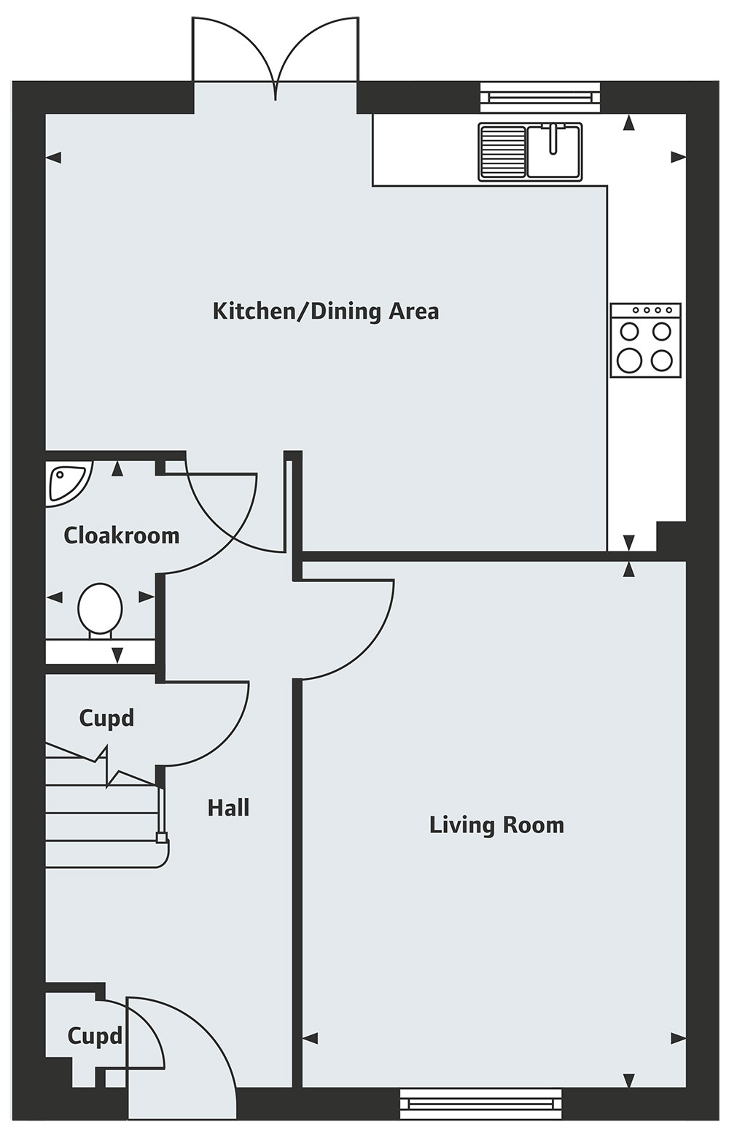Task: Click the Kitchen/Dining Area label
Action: click(325, 311)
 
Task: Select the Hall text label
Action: click(228, 808)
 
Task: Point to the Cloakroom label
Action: click(121, 535)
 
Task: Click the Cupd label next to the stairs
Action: click(106, 719)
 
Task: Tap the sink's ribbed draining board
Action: click(502, 152)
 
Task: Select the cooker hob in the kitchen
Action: click(645, 340)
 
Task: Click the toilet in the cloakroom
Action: click(101, 610)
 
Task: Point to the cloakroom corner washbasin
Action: click(68, 483)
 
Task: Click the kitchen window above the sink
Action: click(540, 97)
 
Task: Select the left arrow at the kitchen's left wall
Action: click(54, 158)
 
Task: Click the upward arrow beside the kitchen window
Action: click(628, 123)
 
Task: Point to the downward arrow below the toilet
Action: click(117, 655)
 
